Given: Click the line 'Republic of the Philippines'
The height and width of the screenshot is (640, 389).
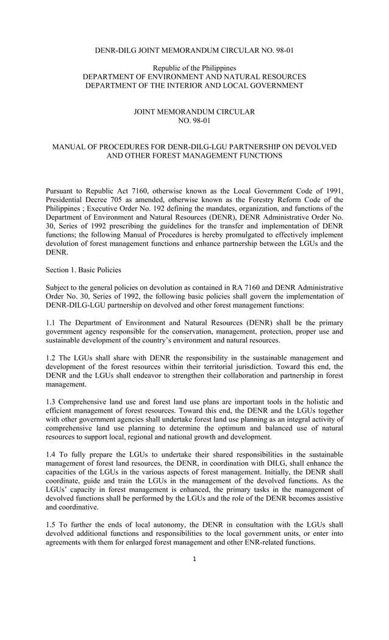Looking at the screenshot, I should point(194,68).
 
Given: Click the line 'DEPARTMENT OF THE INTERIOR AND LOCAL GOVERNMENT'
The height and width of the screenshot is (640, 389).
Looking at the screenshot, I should point(194,85).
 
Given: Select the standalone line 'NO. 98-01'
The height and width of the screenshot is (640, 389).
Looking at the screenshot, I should point(194,121).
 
